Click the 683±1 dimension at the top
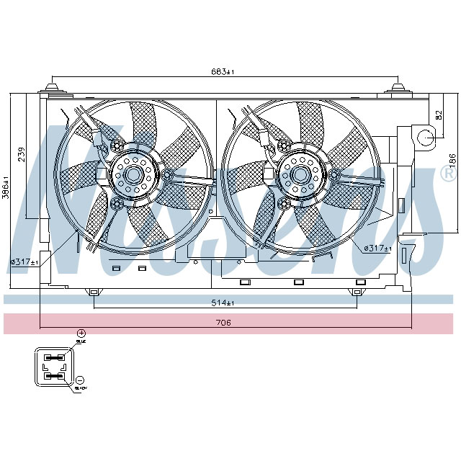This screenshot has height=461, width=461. [223, 72]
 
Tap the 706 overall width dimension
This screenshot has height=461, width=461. [223, 323]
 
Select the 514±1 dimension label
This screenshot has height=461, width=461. [223, 303]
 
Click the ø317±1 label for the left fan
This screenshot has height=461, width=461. [24, 261]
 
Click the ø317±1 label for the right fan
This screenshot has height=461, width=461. [377, 249]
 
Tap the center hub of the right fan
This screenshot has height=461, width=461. [297, 174]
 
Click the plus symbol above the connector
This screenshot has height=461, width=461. [81, 333]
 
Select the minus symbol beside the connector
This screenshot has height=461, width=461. [81, 379]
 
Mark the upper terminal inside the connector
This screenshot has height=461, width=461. [54, 355]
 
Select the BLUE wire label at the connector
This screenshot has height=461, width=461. [80, 344]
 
